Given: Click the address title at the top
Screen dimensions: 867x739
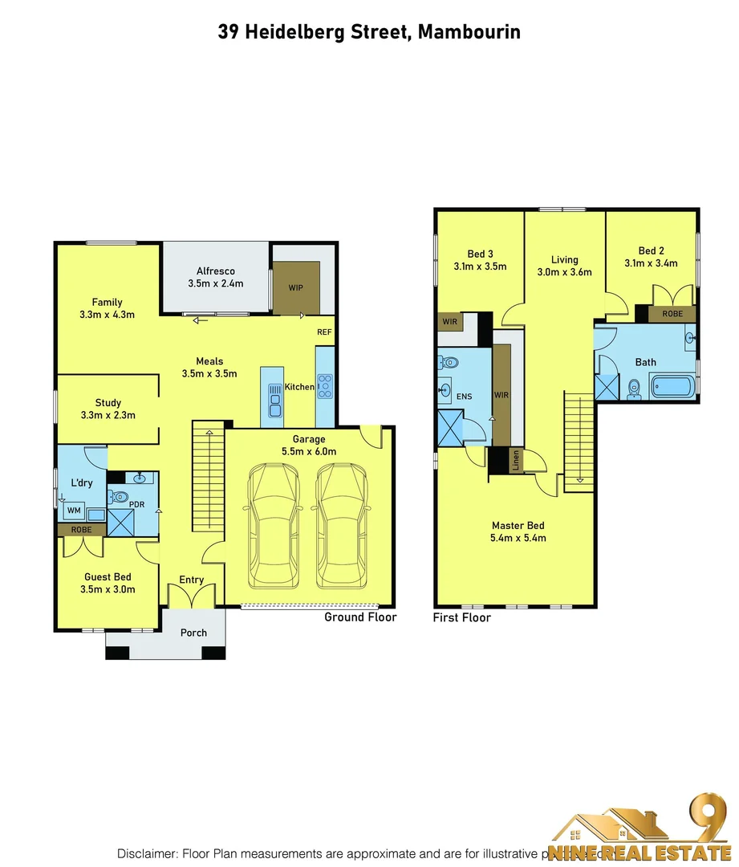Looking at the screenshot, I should click(x=369, y=32).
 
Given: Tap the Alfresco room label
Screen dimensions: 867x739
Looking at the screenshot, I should click(x=215, y=271).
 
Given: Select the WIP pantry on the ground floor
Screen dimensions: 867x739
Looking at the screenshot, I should click(x=296, y=287).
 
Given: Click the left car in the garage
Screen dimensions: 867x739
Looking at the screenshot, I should click(x=274, y=527).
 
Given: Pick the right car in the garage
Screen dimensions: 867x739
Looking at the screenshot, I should click(x=342, y=527).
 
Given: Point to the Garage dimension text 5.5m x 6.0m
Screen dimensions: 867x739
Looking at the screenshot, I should click(x=309, y=451).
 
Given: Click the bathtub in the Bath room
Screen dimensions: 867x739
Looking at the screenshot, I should click(x=672, y=386).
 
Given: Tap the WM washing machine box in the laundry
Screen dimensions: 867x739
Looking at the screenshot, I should click(x=74, y=511).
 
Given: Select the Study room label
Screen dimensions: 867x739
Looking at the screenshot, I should click(x=108, y=403).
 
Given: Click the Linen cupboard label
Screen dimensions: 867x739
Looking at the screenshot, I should click(x=516, y=462).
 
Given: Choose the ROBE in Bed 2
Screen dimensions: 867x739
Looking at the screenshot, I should click(x=672, y=314).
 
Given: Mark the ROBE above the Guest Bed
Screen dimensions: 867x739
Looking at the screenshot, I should click(x=80, y=530).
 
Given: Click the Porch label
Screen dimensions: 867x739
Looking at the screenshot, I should click(x=193, y=633).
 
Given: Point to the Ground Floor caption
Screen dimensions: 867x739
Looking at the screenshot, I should click(x=360, y=617).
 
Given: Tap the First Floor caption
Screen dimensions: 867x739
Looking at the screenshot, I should click(x=461, y=618).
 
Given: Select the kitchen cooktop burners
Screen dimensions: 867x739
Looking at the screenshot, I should click(x=325, y=386).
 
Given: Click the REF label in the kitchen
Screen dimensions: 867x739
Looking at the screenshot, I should click(x=324, y=332).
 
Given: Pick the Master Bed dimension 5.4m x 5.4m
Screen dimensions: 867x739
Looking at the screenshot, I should click(x=518, y=538).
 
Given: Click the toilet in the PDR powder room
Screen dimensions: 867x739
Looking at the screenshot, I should click(x=121, y=497).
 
